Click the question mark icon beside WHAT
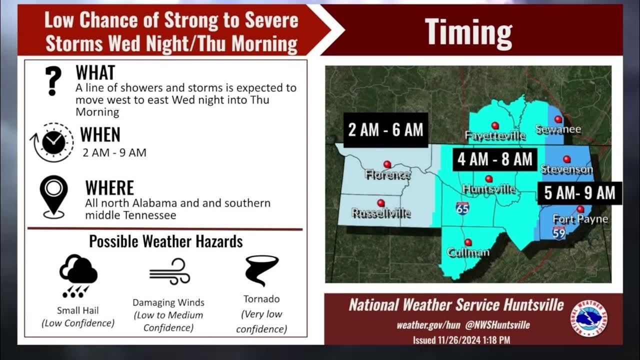tap(53, 80)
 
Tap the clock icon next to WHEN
tap(52, 142)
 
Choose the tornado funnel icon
tap(261, 270)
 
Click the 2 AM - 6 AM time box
tap(385, 130)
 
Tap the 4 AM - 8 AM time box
tap(494, 159)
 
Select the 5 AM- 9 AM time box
tap(579, 193)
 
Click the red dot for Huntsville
tap(488, 178)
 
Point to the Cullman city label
tap(468, 252)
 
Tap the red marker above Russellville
tap(381, 203)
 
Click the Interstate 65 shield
tap(462, 208)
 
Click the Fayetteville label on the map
tap(495, 135)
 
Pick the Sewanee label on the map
tap(558, 129)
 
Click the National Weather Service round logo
tap(591, 318)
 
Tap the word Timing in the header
tap(468, 31)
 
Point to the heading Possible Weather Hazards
tap(165, 241)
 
